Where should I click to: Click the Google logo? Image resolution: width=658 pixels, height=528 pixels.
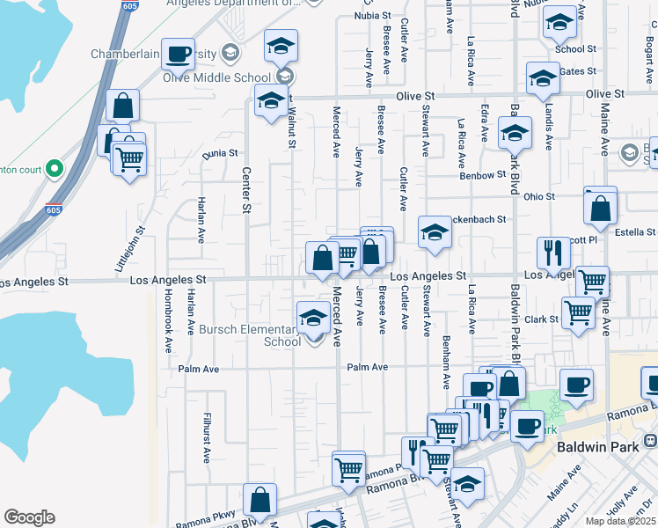[x=29, y=517]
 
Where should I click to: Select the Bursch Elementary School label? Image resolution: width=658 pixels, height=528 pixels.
[x=249, y=334]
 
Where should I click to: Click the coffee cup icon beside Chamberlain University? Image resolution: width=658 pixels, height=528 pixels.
[x=178, y=55]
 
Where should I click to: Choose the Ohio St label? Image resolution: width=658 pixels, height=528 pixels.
[x=539, y=196]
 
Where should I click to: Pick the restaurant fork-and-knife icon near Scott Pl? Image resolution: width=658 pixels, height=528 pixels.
[x=553, y=253]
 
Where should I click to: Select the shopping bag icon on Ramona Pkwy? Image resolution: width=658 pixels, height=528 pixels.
[x=260, y=500]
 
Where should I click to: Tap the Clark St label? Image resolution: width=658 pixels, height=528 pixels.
[x=542, y=319]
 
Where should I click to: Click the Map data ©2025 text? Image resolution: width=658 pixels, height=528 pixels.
[x=621, y=521]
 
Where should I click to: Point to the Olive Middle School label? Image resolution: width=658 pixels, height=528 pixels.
[x=216, y=77]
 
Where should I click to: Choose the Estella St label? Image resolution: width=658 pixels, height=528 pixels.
[x=636, y=232]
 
